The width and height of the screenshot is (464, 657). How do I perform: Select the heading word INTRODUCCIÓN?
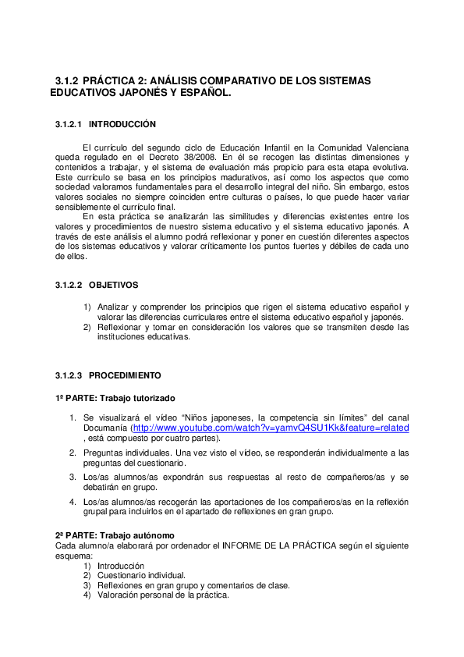point(122,124)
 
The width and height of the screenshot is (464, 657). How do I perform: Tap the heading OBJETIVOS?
point(113,285)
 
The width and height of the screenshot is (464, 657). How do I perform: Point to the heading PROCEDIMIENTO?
point(125,375)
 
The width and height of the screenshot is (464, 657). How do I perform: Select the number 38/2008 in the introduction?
point(198,156)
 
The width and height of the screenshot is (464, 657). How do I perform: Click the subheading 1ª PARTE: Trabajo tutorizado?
point(115,398)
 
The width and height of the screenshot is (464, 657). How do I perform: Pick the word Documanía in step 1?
point(106,428)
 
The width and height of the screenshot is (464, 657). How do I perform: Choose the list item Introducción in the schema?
point(121,565)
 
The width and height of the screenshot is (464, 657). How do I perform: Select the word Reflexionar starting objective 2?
point(120,328)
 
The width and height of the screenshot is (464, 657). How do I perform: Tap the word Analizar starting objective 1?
point(115,307)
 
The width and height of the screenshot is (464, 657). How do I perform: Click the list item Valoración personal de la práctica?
point(163,595)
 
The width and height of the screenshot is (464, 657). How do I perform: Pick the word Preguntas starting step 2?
point(105,453)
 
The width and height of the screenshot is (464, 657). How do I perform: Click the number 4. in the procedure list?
point(73,502)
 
